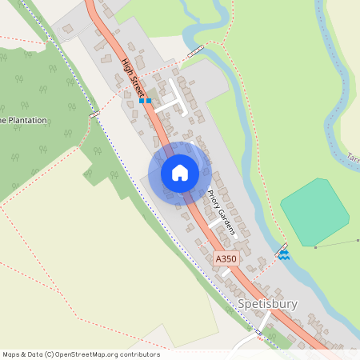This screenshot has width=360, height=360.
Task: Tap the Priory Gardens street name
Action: (221, 211)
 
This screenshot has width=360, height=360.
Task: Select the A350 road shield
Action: (226, 259)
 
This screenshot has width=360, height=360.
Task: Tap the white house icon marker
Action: (180, 173)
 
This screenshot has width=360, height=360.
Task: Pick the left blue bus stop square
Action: (141, 102)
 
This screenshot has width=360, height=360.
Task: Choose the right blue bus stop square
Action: (149, 102)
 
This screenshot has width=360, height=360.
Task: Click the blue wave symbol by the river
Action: (284, 255)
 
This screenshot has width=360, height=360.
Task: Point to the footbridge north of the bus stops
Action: (195, 52)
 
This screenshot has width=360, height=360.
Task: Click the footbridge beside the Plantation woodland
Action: (95, 115)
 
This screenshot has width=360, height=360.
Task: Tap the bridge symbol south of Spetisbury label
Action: (258, 332)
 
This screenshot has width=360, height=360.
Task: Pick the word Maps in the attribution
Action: (12, 354)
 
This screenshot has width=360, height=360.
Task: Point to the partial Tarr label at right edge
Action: (354, 158)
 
